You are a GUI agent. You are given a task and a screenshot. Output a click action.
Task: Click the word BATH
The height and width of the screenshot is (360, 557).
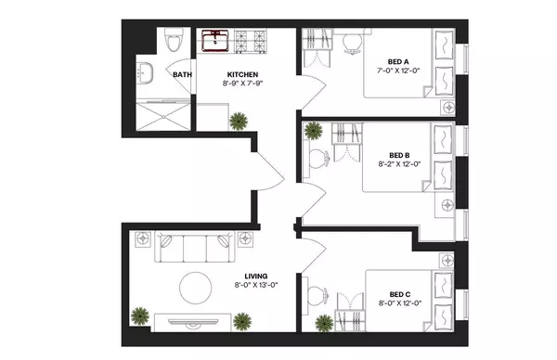[182, 75]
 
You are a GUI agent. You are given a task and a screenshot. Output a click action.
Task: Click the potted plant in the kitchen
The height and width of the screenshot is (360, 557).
[240, 120]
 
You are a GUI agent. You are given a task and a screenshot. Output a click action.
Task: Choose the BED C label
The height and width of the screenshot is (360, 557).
[400, 293]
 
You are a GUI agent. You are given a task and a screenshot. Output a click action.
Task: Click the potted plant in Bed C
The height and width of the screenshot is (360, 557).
[323, 322]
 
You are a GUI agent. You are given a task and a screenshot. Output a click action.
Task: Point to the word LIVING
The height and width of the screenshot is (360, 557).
[256, 276]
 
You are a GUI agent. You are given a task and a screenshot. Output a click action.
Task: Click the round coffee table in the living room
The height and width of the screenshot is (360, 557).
[196, 288]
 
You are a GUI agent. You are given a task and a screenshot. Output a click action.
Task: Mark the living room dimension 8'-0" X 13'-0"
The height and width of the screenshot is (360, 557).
[256, 287]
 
